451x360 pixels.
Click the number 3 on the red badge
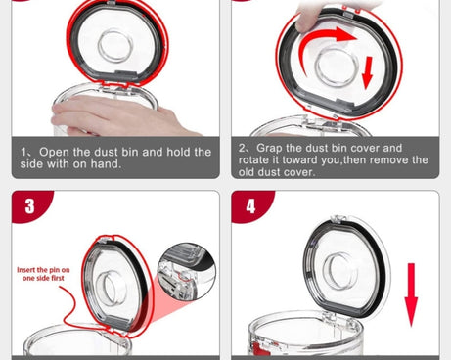[x=29, y=206]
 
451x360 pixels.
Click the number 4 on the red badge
[x=250, y=206]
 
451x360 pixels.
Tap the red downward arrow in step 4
[x=411, y=294]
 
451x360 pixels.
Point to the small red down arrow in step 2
[x=368, y=72]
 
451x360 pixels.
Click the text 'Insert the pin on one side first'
[x=43, y=274]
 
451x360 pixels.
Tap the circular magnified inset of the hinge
[x=187, y=271]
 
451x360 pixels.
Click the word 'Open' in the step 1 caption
[x=54, y=152]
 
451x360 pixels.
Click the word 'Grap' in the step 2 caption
[x=269, y=149]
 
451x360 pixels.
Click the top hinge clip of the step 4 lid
[x=338, y=219]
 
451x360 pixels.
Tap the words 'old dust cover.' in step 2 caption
[x=277, y=172]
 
